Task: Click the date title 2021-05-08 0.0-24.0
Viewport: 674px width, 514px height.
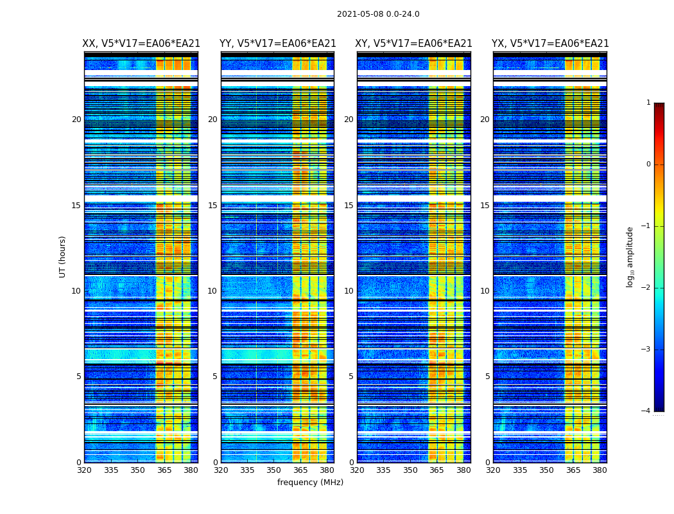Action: [x=378, y=14]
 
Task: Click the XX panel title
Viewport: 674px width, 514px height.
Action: [x=141, y=44]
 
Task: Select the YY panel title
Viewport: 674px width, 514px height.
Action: [x=278, y=44]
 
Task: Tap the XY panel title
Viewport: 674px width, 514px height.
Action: [x=414, y=44]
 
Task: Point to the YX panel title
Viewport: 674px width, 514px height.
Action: [x=550, y=44]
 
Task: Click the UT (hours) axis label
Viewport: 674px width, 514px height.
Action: [x=63, y=256]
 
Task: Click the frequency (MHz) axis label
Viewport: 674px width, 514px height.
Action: [x=310, y=483]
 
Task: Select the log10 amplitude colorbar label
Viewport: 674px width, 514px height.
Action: [x=630, y=256]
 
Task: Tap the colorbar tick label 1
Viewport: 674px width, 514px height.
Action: [x=648, y=103]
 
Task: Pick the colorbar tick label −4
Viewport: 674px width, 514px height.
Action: [x=647, y=411]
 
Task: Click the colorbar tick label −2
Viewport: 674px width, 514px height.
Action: [x=647, y=288]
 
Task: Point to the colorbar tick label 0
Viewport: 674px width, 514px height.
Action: [x=648, y=164]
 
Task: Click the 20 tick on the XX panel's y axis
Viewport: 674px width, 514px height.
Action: [x=76, y=120]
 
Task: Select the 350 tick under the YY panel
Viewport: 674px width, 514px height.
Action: [x=274, y=470]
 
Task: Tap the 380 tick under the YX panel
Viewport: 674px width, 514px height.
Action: [x=600, y=470]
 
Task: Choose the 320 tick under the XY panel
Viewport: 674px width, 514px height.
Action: [x=358, y=470]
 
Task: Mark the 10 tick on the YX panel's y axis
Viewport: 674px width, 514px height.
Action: [x=485, y=291]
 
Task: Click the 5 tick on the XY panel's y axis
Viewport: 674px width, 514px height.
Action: [x=351, y=377]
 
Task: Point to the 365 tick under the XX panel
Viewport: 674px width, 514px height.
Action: [x=164, y=470]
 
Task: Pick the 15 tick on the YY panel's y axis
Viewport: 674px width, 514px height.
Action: [x=212, y=206]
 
